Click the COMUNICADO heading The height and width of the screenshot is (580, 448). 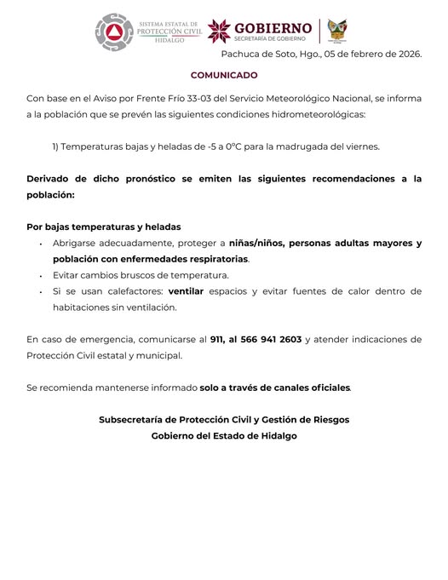pos(224,75)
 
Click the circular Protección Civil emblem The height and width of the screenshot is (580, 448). pos(111,32)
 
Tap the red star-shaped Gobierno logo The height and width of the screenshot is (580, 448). pos(219,31)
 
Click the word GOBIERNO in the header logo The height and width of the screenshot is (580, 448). pos(273,27)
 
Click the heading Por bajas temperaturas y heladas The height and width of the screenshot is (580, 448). pos(104,227)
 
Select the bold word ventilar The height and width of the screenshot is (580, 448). pos(187,291)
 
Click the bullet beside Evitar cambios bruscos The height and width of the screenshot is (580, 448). pos(41,276)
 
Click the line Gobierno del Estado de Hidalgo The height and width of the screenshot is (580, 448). pos(224,436)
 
